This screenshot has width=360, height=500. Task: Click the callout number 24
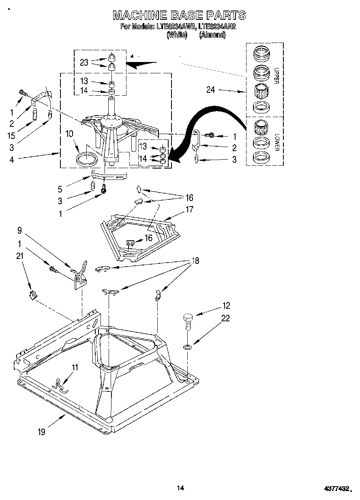pos(211,90)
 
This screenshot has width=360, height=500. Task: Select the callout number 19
pos(41,432)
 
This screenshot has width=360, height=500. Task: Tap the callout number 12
pos(226,306)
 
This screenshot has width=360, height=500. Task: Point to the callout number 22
pos(225,318)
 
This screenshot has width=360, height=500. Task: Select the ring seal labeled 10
pos(87,158)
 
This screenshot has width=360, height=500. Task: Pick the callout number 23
pos(84,62)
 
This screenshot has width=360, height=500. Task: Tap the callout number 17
pos(189,209)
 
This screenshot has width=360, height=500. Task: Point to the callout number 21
pos(20,256)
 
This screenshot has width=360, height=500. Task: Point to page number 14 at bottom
pos(180,488)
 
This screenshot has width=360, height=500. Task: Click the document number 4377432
pos(336,489)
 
